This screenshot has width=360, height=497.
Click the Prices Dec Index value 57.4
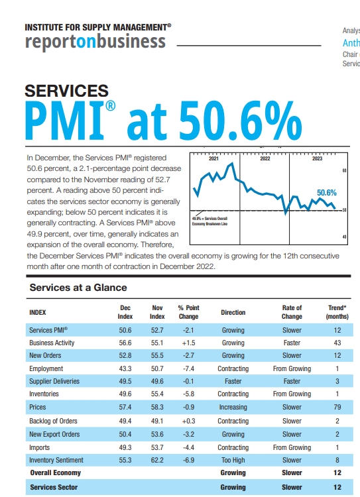coord(125,408)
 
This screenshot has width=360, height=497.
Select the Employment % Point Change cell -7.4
coord(188,369)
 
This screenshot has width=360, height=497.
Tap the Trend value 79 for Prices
coord(337,408)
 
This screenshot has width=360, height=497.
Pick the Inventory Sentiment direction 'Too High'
coord(233,460)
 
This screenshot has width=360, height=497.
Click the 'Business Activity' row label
coord(52,343)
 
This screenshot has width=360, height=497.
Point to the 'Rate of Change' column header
coord(292,312)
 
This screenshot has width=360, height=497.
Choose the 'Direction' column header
coord(233,312)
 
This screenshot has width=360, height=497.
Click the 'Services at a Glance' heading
coord(78,288)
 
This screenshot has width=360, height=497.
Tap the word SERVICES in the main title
coord(66,91)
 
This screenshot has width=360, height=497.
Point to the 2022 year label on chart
coord(265,160)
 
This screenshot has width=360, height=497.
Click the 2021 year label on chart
coord(213,160)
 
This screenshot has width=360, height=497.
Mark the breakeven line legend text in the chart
coord(210,221)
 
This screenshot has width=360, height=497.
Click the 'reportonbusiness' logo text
coord(95,42)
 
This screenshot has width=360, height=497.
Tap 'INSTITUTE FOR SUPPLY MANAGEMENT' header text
coord(97,27)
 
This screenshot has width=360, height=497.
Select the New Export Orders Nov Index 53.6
coord(157,434)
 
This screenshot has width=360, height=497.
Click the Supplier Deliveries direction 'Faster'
coord(233,382)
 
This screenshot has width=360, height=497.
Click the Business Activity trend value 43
coord(337,343)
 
